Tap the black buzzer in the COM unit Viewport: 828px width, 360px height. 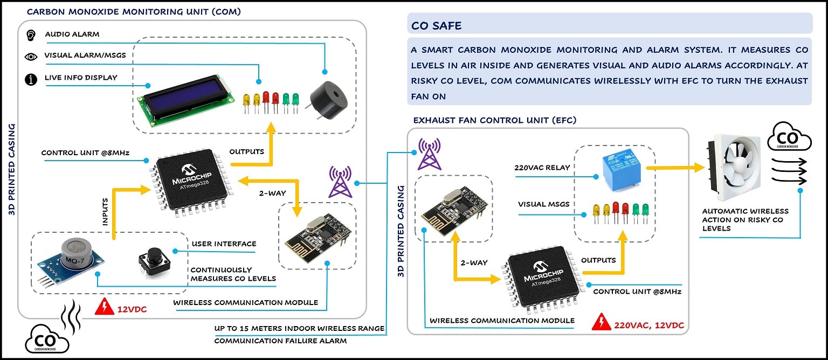327,98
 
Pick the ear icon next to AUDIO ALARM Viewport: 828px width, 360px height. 31,34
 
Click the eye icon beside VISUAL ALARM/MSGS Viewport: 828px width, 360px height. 31,56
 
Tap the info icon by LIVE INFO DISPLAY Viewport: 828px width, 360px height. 31,79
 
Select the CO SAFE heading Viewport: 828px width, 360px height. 436,26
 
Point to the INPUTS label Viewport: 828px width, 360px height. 106,211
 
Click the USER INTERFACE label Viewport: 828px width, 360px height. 224,244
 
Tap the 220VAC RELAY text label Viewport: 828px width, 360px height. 542,167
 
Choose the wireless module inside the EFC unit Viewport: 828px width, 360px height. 453,209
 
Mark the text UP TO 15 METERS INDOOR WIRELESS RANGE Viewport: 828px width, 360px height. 299,328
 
